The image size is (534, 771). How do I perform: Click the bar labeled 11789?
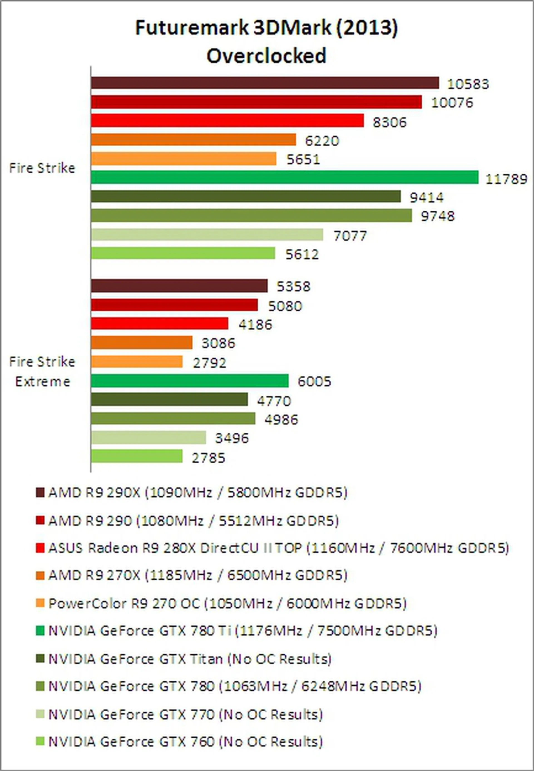(285, 177)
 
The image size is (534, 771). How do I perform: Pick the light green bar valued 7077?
(207, 235)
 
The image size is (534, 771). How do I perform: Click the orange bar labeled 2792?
(137, 362)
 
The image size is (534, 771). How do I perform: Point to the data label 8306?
(389, 122)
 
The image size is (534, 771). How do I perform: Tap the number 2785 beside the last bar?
(208, 458)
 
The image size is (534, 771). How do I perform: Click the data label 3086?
(218, 343)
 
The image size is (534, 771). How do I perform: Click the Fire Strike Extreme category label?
(42, 371)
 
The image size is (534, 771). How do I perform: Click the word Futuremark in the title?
(192, 28)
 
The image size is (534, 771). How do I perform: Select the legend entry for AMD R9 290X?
(197, 492)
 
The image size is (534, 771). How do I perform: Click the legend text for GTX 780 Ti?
(243, 631)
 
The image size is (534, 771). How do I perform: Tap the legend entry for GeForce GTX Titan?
(190, 659)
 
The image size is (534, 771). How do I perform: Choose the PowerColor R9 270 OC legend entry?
(227, 603)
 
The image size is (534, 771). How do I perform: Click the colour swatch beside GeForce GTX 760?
(40, 742)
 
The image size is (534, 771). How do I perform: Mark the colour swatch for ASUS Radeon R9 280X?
(40, 548)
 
